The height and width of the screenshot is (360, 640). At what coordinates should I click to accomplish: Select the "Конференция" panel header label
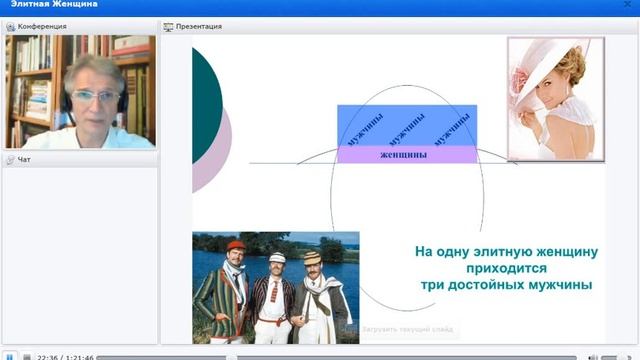tap(42, 26)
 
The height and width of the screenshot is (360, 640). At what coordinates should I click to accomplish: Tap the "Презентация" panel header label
tap(198, 26)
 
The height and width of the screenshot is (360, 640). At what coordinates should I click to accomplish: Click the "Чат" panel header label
tap(24, 159)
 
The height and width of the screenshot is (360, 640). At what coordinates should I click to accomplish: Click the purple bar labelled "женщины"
tap(405, 155)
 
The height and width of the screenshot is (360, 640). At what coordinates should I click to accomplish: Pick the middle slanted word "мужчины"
tap(407, 127)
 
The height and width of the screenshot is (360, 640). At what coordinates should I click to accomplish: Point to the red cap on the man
tap(235, 245)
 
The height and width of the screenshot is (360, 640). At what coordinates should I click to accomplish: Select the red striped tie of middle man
tap(278, 290)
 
